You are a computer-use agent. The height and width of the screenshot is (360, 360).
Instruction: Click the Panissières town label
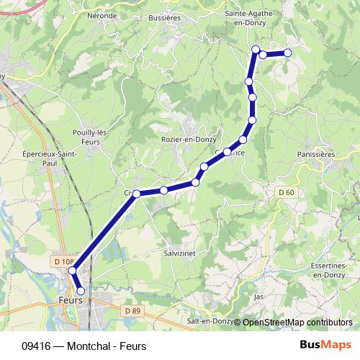[318, 153]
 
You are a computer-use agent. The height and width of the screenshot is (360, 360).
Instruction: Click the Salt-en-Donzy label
[207, 323]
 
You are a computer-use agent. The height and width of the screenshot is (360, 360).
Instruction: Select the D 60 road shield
[287, 192]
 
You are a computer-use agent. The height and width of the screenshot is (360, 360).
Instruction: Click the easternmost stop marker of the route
[288, 52]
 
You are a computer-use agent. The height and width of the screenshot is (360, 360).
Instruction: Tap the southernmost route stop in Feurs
[81, 292]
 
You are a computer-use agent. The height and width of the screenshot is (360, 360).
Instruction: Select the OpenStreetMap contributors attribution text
[297, 323]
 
